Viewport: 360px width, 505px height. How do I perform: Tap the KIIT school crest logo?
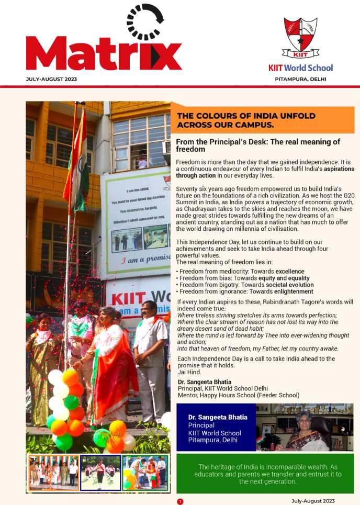tap(300, 38)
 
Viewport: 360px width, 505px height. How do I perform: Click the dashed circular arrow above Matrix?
tap(145, 22)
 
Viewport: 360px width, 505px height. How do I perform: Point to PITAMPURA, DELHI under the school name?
tap(301, 79)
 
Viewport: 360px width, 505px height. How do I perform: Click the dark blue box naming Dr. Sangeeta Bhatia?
tap(215, 429)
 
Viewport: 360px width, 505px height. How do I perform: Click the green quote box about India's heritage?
tap(265, 474)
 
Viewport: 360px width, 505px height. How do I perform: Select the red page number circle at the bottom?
tap(180, 501)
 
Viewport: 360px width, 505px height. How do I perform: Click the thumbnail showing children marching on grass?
tap(100, 473)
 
